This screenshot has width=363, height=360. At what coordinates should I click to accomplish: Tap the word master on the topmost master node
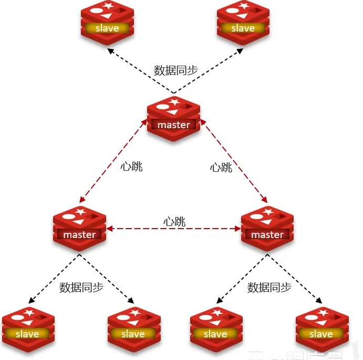click(173, 125)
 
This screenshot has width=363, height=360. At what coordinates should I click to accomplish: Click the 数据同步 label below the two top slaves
click(175, 70)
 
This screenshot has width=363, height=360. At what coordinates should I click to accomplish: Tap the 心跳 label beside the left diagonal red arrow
click(132, 167)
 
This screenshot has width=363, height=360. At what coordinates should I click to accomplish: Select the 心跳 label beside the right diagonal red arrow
click(221, 168)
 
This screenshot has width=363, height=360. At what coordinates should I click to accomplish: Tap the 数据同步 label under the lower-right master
click(269, 287)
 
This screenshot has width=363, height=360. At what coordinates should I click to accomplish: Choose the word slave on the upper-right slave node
click(243, 28)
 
